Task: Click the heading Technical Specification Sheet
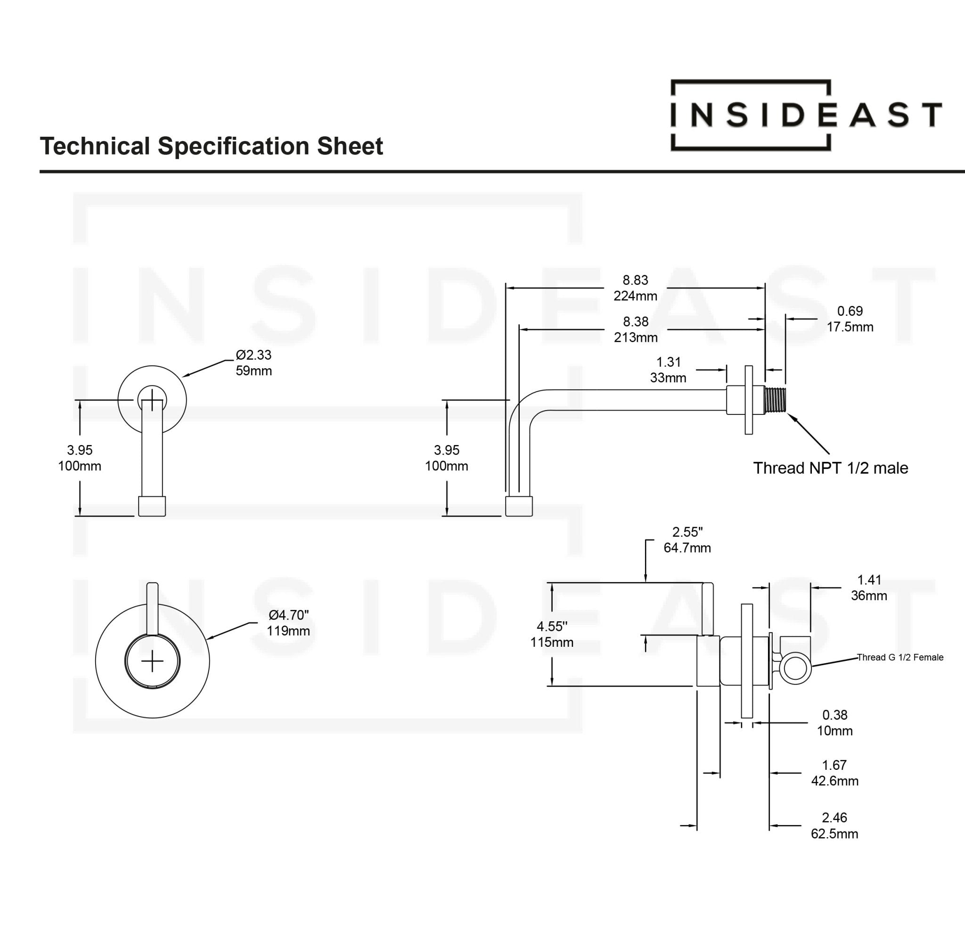[x=211, y=146]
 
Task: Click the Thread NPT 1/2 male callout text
[x=831, y=468]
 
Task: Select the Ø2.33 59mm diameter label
[x=254, y=363]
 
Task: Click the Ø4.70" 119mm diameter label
[x=288, y=623]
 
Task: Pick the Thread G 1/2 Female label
[x=900, y=657]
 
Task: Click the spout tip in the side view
[x=519, y=506]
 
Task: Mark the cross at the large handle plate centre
[x=152, y=661]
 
